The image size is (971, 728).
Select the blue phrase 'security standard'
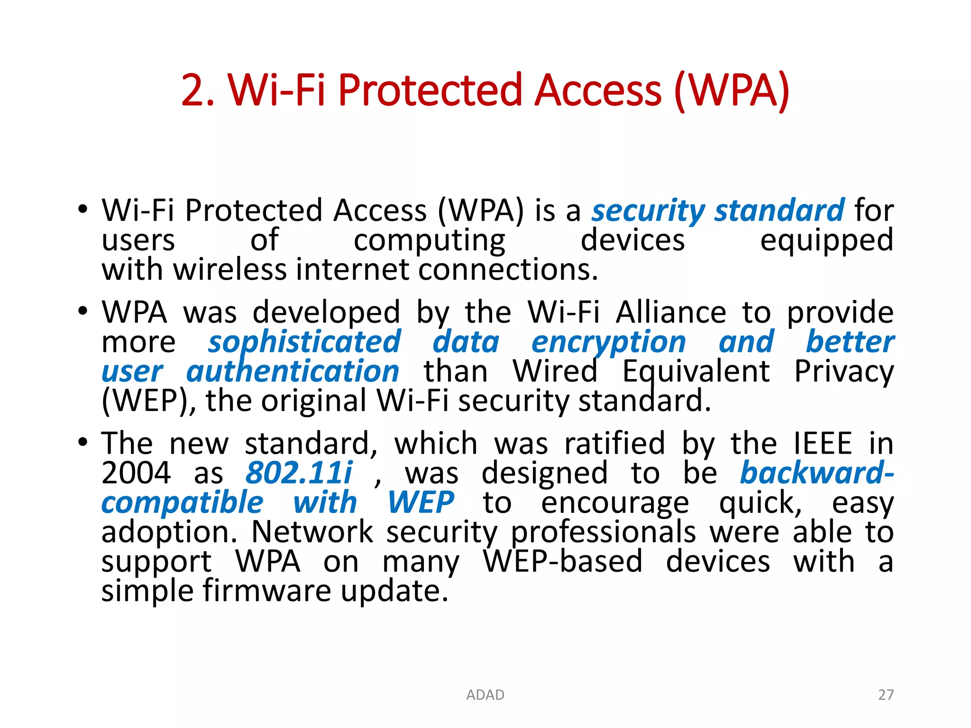[718, 210]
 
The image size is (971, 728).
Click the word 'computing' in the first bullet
[430, 241]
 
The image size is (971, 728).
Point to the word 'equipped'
[826, 241]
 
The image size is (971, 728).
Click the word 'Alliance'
[671, 313]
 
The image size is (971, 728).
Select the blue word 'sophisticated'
[304, 342]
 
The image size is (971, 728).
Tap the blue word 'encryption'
[608, 342]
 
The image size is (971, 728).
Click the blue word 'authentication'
[293, 372]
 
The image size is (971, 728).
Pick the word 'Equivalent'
[696, 372]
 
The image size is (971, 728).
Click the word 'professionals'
[603, 532]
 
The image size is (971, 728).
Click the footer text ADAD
[485, 695]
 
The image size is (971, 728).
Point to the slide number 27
[886, 695]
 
